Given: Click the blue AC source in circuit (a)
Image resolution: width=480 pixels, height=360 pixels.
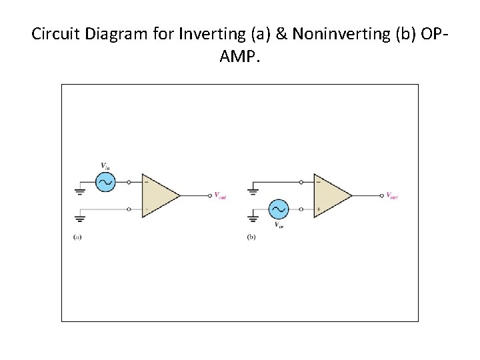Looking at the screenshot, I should (105, 181).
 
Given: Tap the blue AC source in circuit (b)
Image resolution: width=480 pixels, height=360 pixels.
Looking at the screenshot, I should (279, 209).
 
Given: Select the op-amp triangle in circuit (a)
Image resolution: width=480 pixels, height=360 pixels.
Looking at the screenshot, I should (159, 195).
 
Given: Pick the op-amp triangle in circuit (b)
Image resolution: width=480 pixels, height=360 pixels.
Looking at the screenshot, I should (331, 195).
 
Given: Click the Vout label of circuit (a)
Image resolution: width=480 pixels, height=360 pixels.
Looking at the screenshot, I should (219, 196).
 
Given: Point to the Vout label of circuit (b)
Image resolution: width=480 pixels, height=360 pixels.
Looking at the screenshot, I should (392, 196).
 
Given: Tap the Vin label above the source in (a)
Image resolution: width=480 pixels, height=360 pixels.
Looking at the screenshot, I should (105, 165).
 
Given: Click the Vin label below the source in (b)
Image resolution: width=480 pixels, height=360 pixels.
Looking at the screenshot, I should (280, 225).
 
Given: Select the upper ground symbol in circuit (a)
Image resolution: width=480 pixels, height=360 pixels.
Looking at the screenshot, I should (80, 191).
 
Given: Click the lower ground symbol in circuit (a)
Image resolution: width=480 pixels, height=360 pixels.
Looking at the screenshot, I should (80, 218).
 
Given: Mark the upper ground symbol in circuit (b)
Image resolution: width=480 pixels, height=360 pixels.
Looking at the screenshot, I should (253, 191).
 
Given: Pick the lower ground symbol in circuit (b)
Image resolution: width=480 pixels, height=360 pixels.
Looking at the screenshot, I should (253, 218).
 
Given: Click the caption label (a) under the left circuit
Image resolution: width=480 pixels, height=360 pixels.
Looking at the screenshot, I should (77, 237).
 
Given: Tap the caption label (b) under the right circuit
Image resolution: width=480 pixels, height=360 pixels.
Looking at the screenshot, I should (251, 237).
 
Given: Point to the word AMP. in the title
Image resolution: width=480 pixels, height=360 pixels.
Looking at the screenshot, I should (240, 57).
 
